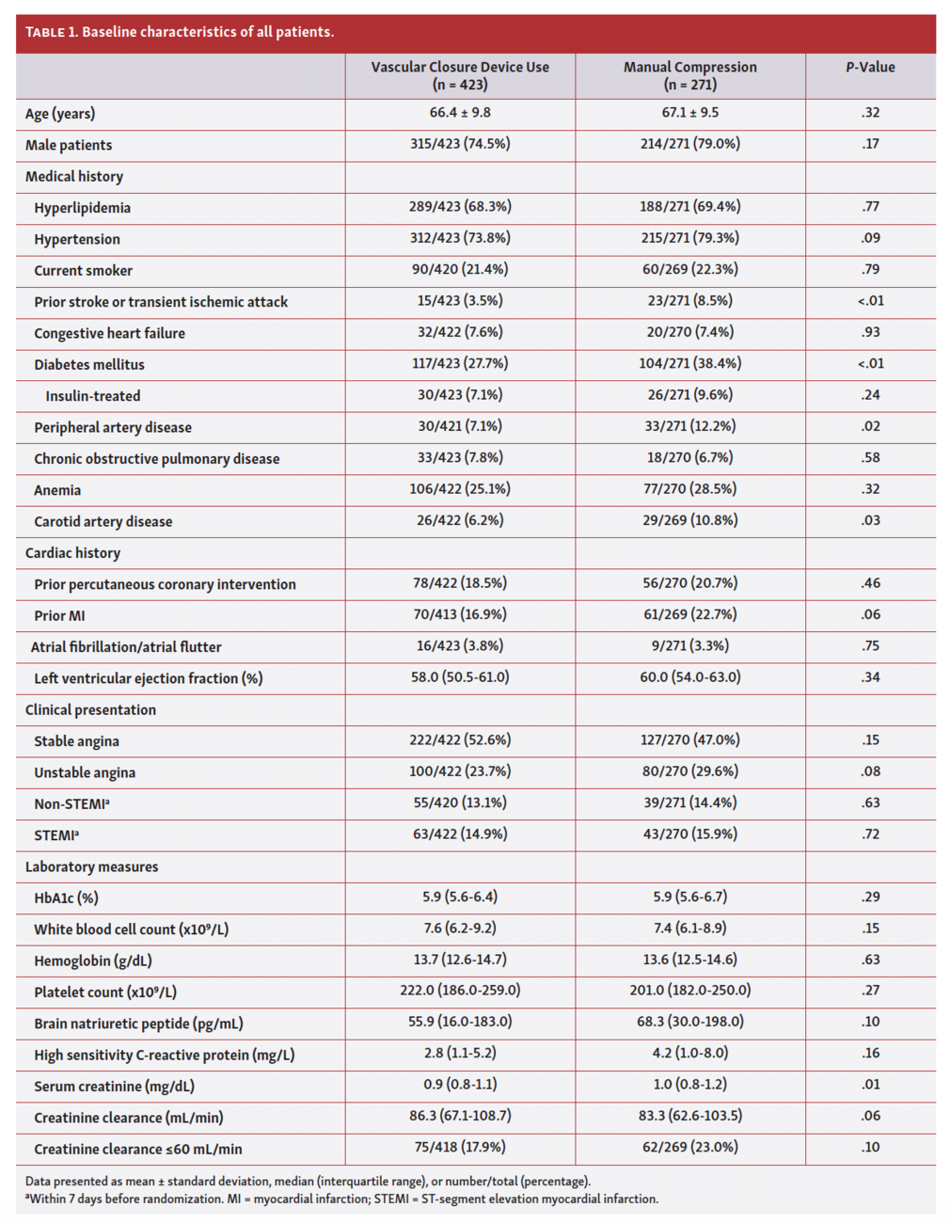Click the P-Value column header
(870, 68)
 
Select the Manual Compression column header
(689, 75)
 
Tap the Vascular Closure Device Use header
(460, 75)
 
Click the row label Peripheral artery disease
(113, 427)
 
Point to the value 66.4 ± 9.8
(460, 113)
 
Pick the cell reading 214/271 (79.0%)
(689, 144)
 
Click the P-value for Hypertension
(870, 238)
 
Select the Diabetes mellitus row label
(89, 364)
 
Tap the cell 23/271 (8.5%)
(689, 301)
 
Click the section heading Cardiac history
(72, 553)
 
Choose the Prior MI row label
(59, 615)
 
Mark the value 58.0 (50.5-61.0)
(460, 677)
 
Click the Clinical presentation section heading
(90, 710)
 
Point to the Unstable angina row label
(85, 772)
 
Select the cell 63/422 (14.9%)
(460, 834)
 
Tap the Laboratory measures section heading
(91, 866)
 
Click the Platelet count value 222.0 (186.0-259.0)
(460, 991)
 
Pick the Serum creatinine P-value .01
(870, 1085)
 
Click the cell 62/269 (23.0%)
(689, 1148)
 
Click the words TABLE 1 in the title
(51, 33)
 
